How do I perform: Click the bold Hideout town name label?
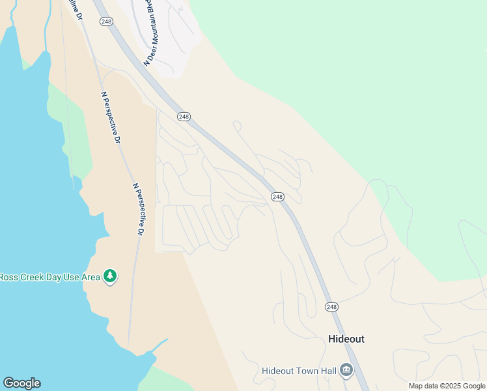pyautogui.click(x=346, y=340)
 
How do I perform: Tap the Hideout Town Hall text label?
pyautogui.click(x=299, y=371)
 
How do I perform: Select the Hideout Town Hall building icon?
pyautogui.click(x=346, y=371)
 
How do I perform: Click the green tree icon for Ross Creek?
pyautogui.click(x=111, y=276)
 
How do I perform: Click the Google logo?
pyautogui.click(x=21, y=383)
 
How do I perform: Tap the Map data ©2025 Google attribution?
pyautogui.click(x=447, y=386)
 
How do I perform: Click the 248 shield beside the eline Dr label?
pyautogui.click(x=107, y=22)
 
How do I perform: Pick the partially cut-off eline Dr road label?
pyautogui.click(x=79, y=10)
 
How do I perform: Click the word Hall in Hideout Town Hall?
pyautogui.click(x=327, y=371)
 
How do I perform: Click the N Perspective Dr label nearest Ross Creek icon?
pyautogui.click(x=139, y=209)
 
